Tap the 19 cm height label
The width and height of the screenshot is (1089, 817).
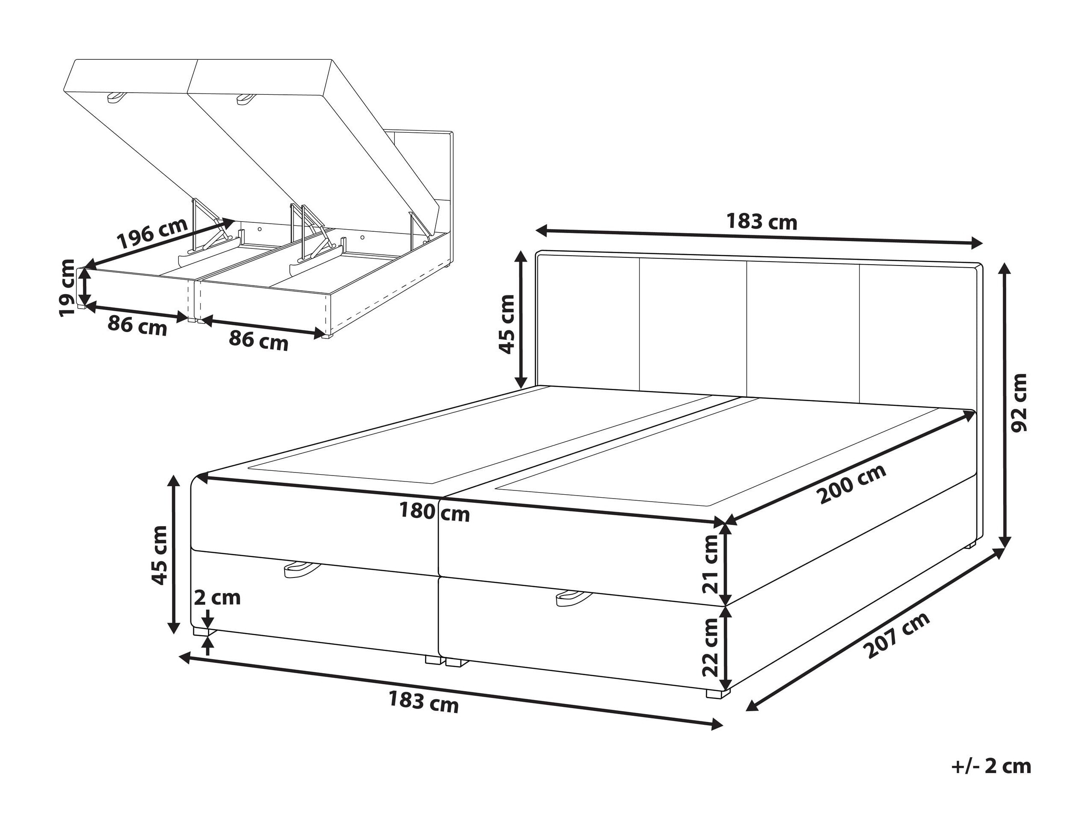67,288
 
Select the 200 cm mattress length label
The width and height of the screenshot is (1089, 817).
852,484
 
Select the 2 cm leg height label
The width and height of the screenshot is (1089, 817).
217,598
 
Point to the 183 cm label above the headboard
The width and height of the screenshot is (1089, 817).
762,222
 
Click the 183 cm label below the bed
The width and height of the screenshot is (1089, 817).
423,701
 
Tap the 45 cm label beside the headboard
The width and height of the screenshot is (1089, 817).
507,324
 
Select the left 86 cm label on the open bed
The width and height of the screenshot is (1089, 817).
137,326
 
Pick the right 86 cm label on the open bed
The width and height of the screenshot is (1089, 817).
259,340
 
